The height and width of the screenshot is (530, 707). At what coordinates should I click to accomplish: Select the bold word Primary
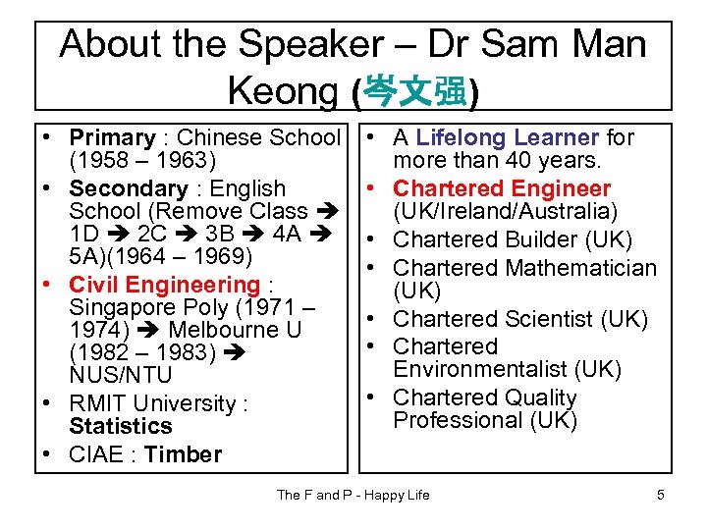coord(112,138)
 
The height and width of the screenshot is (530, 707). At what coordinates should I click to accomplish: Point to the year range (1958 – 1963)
coord(143,161)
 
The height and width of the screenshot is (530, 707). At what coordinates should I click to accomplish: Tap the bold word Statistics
coord(121,427)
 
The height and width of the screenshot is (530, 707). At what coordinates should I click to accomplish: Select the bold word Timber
coord(183,454)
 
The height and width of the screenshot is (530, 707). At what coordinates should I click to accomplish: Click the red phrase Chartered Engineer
coord(502,188)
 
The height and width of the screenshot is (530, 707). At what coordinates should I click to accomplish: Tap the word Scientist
coord(549,319)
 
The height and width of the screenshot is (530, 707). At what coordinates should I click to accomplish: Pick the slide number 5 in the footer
coord(661,495)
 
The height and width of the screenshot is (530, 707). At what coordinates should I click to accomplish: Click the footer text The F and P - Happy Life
coord(353,495)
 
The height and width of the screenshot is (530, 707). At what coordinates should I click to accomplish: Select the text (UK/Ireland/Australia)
coord(505,212)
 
